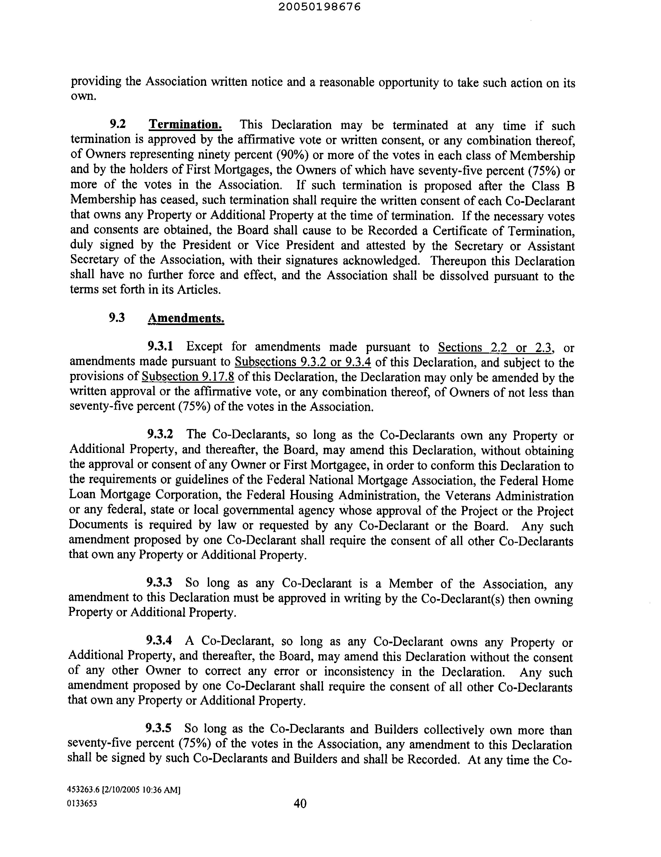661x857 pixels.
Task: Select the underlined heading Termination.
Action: (186, 125)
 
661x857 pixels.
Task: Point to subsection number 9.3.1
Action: (160, 347)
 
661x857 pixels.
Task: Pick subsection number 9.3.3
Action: (160, 582)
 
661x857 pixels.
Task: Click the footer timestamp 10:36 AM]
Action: (163, 790)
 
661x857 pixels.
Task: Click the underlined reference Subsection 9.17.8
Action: (188, 377)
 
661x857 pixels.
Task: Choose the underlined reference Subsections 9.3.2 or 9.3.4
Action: (303, 362)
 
